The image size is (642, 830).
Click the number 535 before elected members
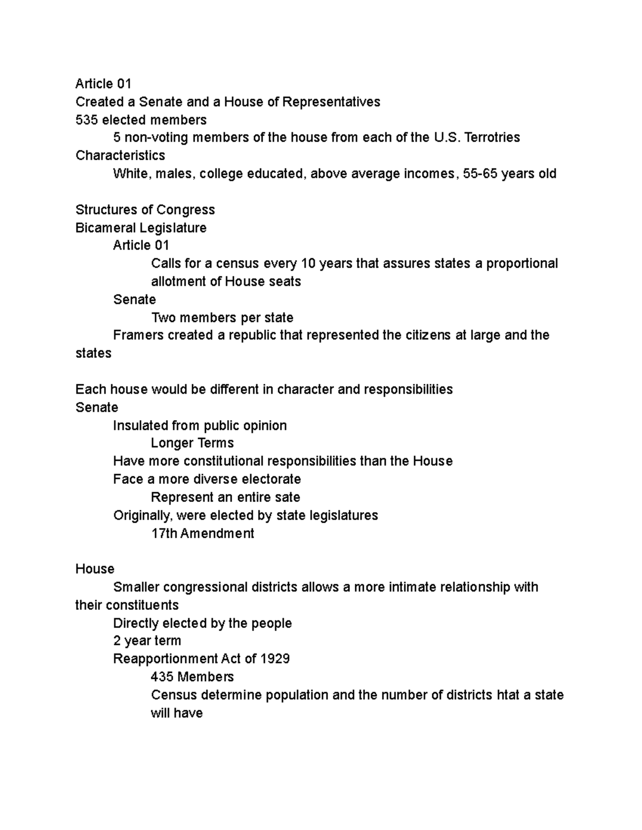[87, 120]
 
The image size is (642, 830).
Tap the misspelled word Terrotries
[492, 138]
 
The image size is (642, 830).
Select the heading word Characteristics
[120, 156]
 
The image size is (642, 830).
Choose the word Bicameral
[105, 228]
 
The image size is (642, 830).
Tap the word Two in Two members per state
[164, 318]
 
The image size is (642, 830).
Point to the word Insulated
[138, 425]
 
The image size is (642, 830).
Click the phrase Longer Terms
[192, 443]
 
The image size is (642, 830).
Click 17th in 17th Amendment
[164, 533]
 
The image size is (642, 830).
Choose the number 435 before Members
[162, 677]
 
